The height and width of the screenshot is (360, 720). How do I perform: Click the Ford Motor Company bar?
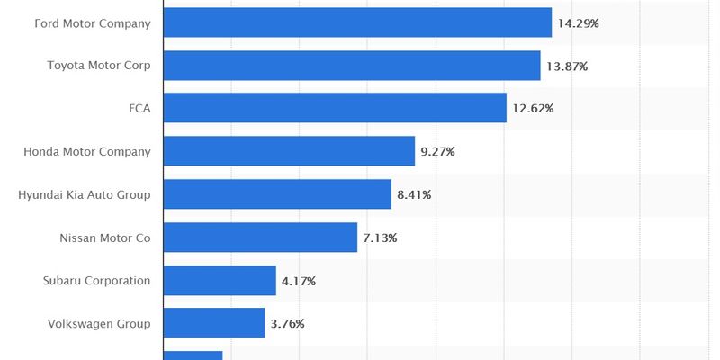[357, 22]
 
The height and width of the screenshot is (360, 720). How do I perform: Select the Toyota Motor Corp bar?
[352, 66]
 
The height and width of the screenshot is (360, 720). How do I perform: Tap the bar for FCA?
[335, 108]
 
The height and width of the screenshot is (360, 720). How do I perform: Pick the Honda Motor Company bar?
[289, 151]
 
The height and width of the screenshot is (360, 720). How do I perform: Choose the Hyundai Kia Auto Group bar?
[277, 194]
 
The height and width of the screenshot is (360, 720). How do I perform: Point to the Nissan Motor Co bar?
[260, 238]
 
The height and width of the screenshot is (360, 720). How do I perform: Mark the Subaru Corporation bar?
[220, 281]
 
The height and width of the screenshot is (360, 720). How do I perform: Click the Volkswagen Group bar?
[214, 323]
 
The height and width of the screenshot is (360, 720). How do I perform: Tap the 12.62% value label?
[533, 108]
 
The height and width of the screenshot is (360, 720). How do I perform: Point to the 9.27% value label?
[437, 151]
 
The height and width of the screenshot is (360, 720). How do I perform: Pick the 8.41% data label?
[414, 194]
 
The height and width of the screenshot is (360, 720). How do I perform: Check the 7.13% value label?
[380, 238]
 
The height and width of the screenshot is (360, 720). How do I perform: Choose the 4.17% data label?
[299, 281]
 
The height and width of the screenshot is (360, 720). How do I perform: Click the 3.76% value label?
[287, 323]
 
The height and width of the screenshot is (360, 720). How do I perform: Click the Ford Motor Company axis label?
[93, 22]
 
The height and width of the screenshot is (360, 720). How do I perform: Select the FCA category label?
[139, 108]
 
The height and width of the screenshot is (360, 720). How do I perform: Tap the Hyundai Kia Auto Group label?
[85, 194]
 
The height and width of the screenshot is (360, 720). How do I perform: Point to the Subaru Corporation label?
[96, 281]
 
